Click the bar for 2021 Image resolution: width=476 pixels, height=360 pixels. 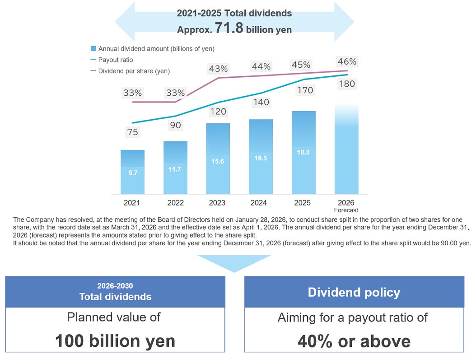click(x=132, y=172)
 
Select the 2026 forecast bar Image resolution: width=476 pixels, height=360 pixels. click(x=346, y=149)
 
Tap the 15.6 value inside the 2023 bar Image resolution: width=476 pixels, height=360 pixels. click(x=218, y=161)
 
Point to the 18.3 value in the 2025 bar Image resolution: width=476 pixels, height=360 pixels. click(x=303, y=153)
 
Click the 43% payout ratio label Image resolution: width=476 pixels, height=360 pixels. click(x=218, y=69)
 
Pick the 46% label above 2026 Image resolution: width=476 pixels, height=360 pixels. click(x=346, y=62)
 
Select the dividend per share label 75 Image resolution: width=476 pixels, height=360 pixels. click(x=132, y=132)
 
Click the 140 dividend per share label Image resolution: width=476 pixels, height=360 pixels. click(x=261, y=103)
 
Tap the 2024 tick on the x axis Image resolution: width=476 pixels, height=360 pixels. click(x=261, y=203)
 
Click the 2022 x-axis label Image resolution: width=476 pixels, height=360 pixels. click(x=175, y=203)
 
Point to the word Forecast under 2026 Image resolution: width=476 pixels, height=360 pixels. click(x=346, y=210)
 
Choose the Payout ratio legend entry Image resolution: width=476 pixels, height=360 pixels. click(x=115, y=60)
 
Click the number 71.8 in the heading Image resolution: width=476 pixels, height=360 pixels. click(x=229, y=28)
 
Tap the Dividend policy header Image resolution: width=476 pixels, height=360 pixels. click(x=354, y=292)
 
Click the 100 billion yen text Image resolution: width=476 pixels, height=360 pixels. click(x=115, y=341)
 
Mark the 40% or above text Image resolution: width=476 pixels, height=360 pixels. click(x=354, y=341)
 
